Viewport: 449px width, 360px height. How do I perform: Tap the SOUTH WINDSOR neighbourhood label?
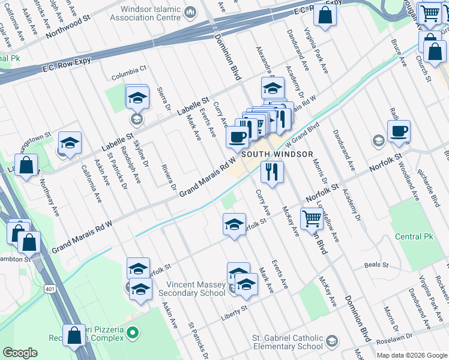[277, 154]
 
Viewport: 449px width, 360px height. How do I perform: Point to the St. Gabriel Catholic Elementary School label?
[279, 342]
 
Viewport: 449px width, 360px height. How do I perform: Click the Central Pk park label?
[414, 236]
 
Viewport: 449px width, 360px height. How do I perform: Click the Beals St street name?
[376, 265]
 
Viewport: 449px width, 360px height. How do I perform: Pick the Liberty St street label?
[235, 309]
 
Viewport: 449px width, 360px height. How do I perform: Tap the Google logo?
[20, 352]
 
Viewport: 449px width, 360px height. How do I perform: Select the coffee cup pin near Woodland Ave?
[399, 131]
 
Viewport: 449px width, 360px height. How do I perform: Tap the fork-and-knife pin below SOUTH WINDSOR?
[272, 172]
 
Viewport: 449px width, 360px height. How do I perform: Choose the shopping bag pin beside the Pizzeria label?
[74, 336]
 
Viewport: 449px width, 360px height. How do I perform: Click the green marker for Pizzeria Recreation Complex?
[133, 331]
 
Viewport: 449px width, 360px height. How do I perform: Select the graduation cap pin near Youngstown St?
[70, 143]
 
